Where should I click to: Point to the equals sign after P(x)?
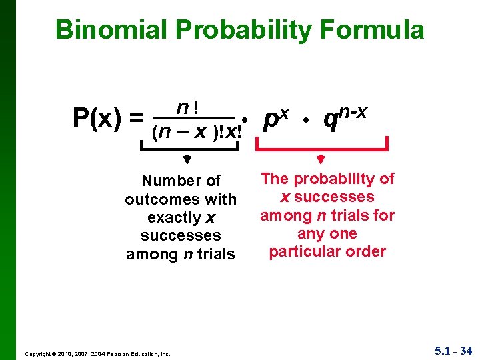coord(137,118)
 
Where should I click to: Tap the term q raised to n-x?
coord(344,117)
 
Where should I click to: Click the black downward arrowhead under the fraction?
coord(187,160)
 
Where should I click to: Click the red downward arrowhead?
coord(321,159)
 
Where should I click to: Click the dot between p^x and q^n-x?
coord(305,120)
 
